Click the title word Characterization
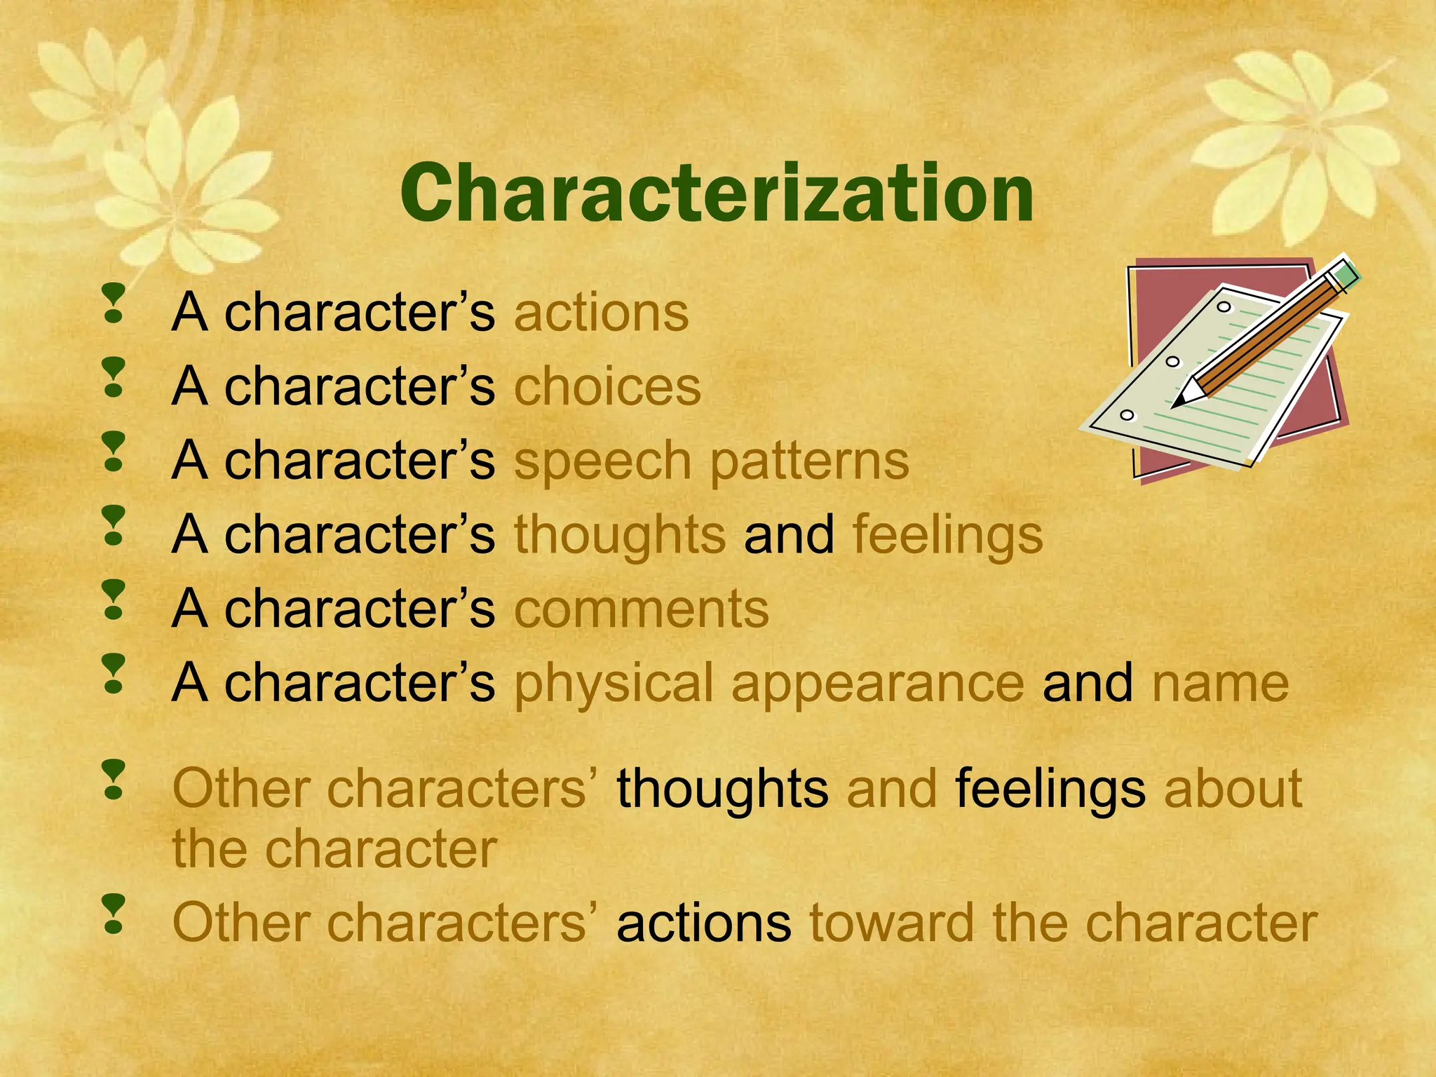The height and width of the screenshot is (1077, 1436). pos(717,194)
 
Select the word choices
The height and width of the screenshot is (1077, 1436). pos(607,386)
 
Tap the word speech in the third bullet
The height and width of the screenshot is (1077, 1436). pos(603,462)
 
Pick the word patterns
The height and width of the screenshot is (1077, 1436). pos(810,462)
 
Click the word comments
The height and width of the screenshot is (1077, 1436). pos(642,609)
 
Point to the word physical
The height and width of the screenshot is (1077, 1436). pos(614,684)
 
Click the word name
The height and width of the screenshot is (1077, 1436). pos(1221,683)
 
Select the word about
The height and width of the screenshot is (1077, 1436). pos(1233,789)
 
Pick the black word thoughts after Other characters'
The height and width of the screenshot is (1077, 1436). pos(722,789)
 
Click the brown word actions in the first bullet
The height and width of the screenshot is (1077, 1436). pos(602,313)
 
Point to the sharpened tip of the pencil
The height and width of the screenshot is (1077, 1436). pos(1178,402)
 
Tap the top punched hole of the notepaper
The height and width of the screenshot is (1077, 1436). pos(1224,306)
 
